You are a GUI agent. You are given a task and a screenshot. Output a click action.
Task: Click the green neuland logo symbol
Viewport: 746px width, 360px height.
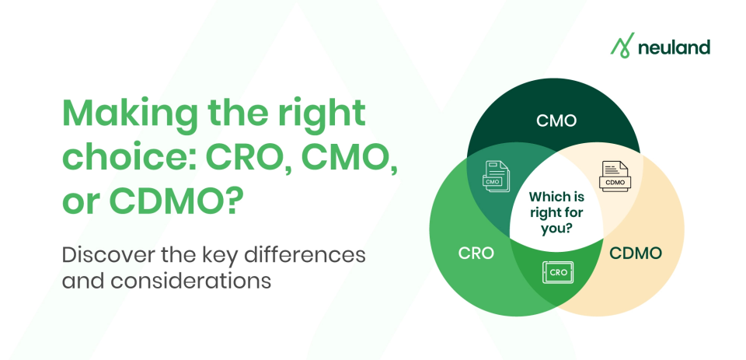622,47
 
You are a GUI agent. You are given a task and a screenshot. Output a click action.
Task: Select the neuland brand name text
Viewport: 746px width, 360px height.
674,47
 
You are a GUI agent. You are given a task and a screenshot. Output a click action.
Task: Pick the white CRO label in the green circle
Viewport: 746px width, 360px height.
476,253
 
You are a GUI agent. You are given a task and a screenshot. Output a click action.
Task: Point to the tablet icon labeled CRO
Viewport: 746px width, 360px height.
558,272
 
